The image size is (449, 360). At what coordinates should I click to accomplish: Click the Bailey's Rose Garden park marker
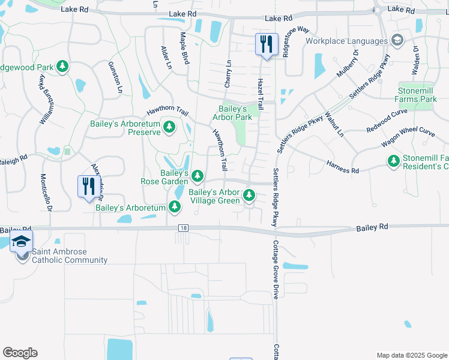pos(197,175)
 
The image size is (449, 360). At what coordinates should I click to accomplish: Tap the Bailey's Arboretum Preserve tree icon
pos(170,126)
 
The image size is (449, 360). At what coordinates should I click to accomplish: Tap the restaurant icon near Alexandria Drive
pos(89,185)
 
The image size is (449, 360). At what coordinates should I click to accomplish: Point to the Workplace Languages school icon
pos(396,40)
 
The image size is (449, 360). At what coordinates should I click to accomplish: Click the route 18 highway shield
pos(183,228)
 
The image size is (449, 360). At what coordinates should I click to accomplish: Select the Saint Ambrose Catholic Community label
pos(70,256)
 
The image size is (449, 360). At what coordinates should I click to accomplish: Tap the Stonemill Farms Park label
pos(416,94)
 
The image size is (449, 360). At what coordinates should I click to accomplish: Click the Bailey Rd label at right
pos(372,228)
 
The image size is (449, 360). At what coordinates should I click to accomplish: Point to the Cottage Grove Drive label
pos(277,270)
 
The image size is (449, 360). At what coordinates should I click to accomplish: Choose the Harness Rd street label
pos(342,167)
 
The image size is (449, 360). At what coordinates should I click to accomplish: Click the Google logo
pos(20,353)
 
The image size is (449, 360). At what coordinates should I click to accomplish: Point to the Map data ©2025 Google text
pos(411,355)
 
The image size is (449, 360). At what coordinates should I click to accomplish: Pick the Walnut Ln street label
pos(334,123)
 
